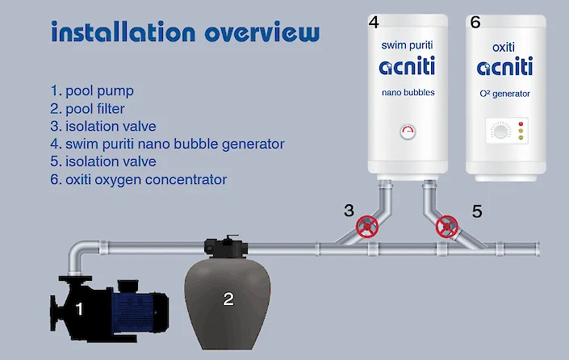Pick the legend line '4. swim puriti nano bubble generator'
click(167, 144)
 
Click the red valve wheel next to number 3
click(368, 226)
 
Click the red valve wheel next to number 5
click(446, 226)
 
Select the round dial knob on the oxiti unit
click(498, 132)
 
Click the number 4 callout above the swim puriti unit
click(374, 23)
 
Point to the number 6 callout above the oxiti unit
click(475, 23)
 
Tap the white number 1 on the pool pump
click(79, 308)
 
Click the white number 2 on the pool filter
click(228, 299)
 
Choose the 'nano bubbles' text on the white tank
click(408, 93)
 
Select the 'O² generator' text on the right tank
click(505, 94)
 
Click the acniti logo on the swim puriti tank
click(408, 67)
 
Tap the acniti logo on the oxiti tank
click(505, 67)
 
